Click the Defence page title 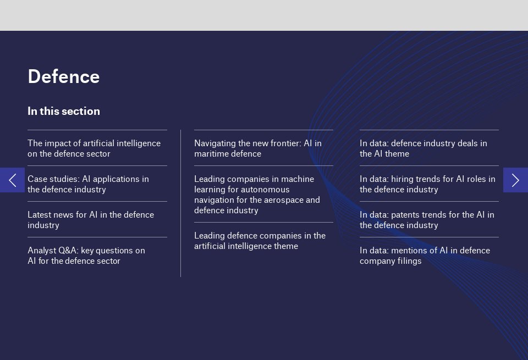[64, 76]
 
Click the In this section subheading [64, 111]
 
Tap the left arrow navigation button [12, 180]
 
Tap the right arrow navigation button [515, 180]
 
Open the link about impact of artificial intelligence [94, 148]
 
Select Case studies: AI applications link [88, 184]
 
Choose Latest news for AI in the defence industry [91, 220]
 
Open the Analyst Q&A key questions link [86, 256]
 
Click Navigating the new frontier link [258, 148]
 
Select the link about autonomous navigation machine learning [257, 195]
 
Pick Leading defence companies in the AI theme [260, 241]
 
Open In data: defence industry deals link [424, 148]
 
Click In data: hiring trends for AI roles [427, 184]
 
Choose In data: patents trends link [427, 220]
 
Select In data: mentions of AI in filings [425, 256]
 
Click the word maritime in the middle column [212, 154]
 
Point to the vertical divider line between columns [180, 203]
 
